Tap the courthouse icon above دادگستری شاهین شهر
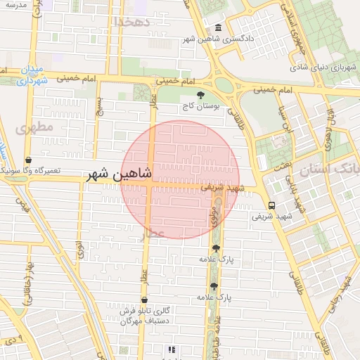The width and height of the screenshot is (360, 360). coord(218,28)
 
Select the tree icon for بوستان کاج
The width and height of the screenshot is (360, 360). coord(201,95)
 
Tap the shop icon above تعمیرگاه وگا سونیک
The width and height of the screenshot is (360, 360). coord(27,160)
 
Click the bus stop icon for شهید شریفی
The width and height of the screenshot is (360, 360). coord(271,205)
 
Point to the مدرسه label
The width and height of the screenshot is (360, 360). coord(15,5)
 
